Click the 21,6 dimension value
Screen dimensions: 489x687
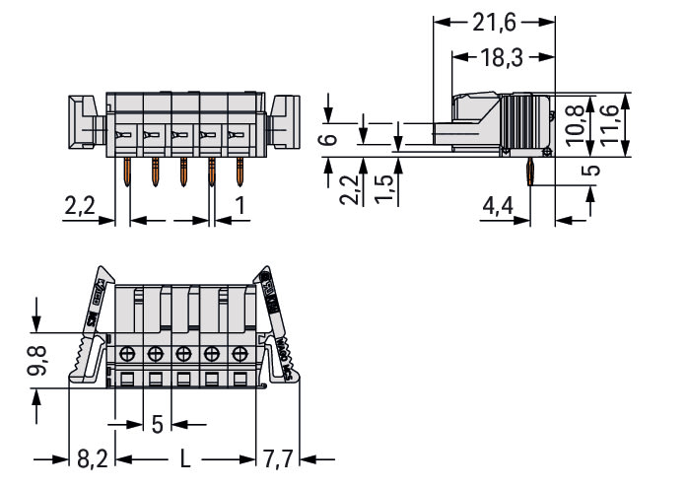[x=494, y=20]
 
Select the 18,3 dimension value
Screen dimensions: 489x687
[x=502, y=58]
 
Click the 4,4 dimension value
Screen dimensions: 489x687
[x=496, y=208]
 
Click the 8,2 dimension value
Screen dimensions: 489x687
[x=95, y=457]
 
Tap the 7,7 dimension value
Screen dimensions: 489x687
[x=280, y=457]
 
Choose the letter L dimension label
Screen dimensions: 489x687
[x=186, y=457]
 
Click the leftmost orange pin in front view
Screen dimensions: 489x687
[x=127, y=176]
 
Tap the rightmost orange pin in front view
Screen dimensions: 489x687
[x=240, y=176]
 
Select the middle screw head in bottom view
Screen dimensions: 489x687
[x=183, y=354]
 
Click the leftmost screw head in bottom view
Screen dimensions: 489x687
[x=127, y=354]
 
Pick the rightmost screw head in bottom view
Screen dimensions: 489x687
[x=240, y=354]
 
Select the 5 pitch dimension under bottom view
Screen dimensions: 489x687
[x=157, y=425]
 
